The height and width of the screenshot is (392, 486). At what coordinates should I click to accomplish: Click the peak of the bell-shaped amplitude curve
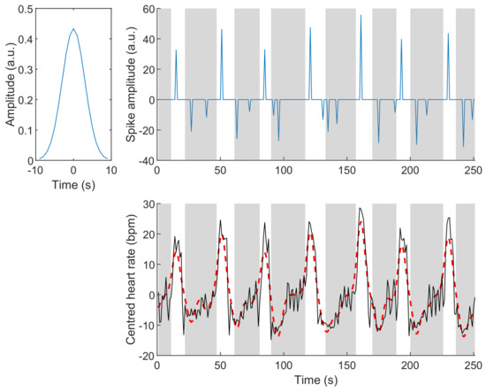[x=73, y=29]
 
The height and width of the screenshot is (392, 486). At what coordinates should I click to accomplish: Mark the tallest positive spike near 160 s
[x=361, y=15]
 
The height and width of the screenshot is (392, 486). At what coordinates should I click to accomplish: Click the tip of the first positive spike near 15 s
[x=176, y=50]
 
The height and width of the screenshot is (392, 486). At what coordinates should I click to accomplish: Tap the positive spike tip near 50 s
[x=221, y=30]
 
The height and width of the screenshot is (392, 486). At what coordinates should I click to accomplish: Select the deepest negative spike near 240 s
[x=463, y=146]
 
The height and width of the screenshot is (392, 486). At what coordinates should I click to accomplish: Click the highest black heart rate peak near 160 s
[x=360, y=209]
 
